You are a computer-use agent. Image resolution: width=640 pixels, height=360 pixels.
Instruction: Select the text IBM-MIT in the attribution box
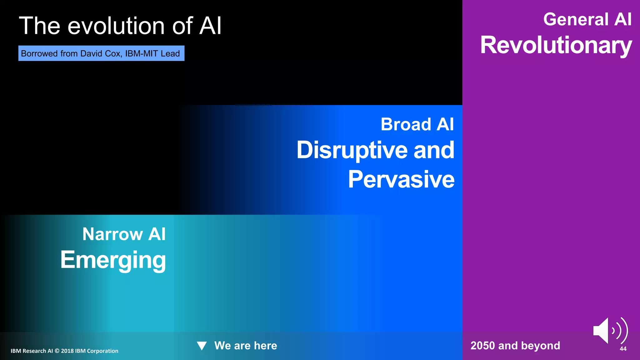point(142,53)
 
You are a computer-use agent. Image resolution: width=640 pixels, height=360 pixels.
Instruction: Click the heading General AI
point(587,19)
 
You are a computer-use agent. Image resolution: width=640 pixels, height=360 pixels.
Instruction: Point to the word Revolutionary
point(556,45)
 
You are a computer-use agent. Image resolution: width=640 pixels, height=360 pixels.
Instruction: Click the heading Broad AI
point(417,124)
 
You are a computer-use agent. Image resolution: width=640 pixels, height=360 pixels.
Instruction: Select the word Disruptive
point(352,150)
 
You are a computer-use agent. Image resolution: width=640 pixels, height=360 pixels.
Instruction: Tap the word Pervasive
point(401,179)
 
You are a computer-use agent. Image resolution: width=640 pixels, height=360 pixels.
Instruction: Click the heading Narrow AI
point(124,234)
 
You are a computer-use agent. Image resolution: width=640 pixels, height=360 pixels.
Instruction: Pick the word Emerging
point(113,260)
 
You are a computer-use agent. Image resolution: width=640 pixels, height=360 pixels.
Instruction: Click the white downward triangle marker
point(202,346)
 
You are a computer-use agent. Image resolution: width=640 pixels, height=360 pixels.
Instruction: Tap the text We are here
point(246,346)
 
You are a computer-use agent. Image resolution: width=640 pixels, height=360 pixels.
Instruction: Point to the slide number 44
point(623,349)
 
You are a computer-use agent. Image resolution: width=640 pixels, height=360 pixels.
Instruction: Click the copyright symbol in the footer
point(57,351)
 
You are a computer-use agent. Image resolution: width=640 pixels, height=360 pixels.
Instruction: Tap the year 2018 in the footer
point(67,351)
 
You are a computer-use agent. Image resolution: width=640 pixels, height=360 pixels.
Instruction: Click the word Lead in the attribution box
point(170,53)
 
